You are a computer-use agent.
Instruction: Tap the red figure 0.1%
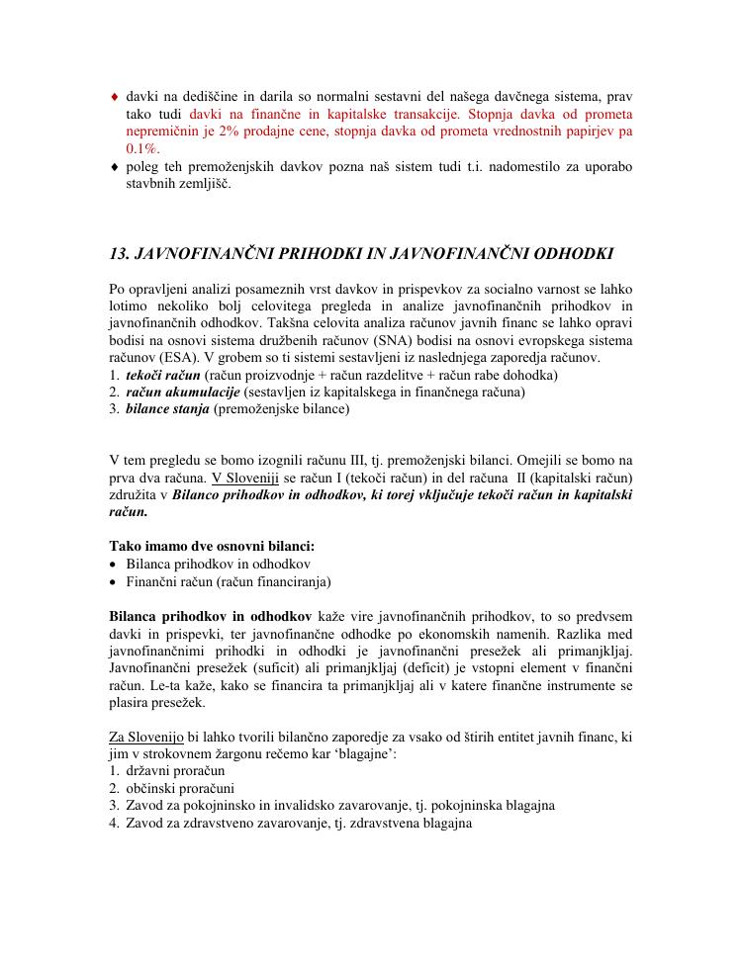click(142, 147)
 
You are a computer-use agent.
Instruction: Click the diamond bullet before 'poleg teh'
click(115, 166)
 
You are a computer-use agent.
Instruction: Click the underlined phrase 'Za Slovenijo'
click(145, 738)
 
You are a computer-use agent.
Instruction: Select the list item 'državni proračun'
click(175, 771)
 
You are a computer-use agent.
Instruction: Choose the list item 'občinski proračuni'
click(180, 789)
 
